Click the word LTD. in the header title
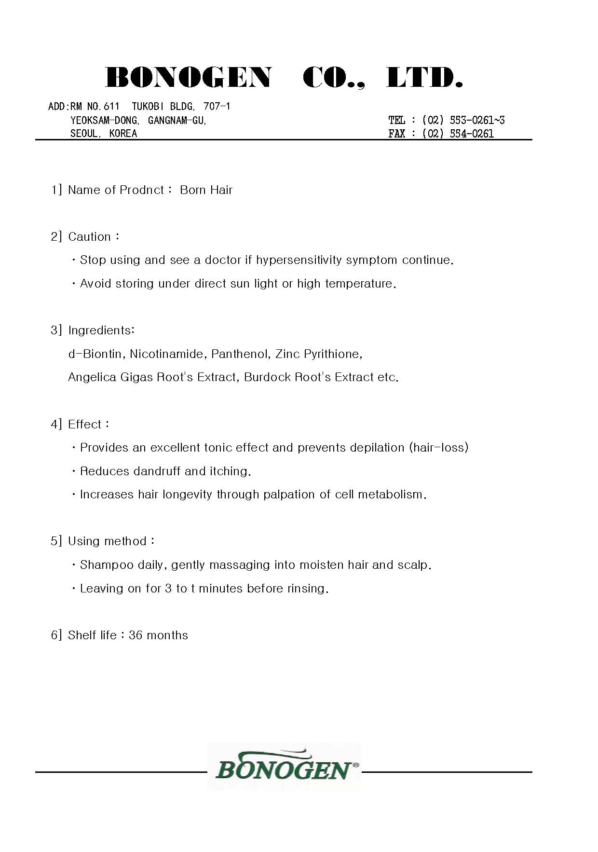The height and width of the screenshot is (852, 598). click(x=424, y=78)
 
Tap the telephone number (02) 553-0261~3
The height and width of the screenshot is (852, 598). click(x=463, y=120)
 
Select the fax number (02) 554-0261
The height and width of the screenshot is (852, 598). click(x=458, y=134)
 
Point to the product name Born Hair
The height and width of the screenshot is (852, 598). click(x=206, y=190)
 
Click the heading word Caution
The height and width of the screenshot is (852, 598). click(x=90, y=237)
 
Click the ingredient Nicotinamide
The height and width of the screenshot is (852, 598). click(x=166, y=354)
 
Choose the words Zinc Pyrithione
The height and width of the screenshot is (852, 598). click(x=318, y=354)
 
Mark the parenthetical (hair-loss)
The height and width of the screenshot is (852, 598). click(x=438, y=448)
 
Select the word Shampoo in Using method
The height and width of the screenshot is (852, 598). click(x=107, y=565)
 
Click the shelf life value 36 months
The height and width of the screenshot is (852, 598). click(x=158, y=635)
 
